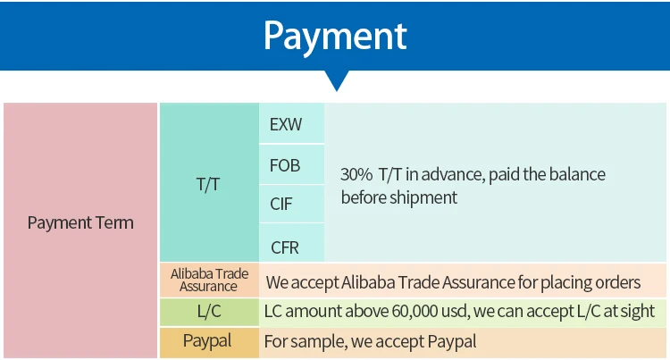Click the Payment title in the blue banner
tap(335, 36)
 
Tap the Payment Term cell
tap(80, 223)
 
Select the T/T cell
tap(208, 184)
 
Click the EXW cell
tap(286, 124)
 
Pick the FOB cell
tap(285, 165)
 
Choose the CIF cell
tap(281, 205)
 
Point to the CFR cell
tap(285, 246)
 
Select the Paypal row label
tap(207, 340)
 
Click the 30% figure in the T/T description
tap(356, 174)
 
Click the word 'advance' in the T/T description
tap(455, 174)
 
